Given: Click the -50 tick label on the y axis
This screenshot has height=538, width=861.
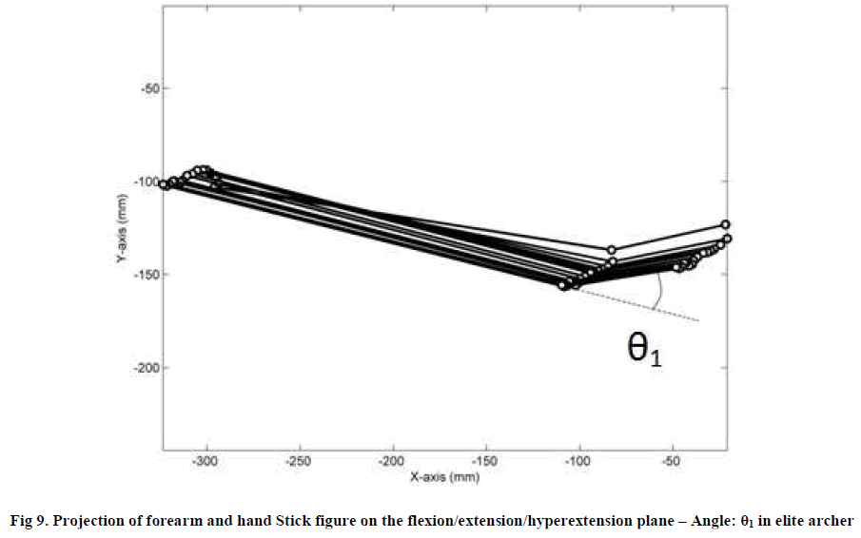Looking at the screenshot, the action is pos(150,87).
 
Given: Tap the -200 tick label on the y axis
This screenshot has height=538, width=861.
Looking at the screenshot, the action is pos(147,368).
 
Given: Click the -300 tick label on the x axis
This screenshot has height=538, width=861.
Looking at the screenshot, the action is pos(205,461).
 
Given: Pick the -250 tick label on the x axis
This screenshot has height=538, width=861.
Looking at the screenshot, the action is pos(300,461).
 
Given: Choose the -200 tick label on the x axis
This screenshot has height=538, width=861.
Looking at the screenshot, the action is pos(392,461).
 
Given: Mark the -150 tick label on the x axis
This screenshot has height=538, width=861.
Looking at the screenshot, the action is pos(485,461).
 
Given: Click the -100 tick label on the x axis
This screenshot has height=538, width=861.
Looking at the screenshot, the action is pos(578,461).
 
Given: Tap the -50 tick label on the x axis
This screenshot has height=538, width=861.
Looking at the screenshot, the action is pos(672,461).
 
